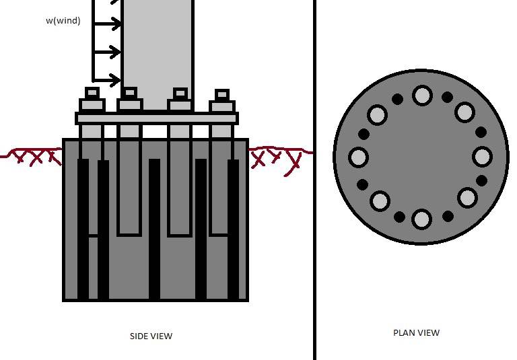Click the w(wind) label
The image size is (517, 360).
tap(63, 21)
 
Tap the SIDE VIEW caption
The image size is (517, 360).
tap(151, 336)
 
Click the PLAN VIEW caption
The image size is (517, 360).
tap(416, 332)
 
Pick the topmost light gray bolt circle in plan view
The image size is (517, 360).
tap(422, 96)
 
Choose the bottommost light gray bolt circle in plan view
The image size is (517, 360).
tap(421, 219)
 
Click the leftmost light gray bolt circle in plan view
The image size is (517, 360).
tap(359, 158)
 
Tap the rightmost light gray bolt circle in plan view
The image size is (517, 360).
tap(482, 157)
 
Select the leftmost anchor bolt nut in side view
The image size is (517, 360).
tap(92, 104)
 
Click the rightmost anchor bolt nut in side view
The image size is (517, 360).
tap(222, 106)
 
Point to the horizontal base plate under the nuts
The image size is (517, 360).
tap(157, 118)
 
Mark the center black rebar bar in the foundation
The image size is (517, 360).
tap(154, 229)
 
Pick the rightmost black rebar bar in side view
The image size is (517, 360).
tap(233, 229)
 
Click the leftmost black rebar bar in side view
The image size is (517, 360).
tap(83, 229)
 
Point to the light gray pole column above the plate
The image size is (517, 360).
tap(158, 47)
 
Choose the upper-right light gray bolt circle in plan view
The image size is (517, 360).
tap(464, 112)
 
